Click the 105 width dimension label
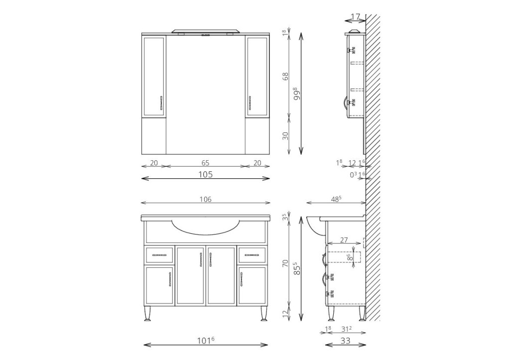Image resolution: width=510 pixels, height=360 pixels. click(x=205, y=174)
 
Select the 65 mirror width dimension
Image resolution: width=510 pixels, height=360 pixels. click(x=205, y=163)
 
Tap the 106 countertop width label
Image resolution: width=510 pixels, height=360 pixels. click(x=205, y=199)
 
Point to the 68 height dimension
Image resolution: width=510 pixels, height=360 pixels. click(x=285, y=76)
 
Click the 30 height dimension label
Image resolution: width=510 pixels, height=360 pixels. click(x=285, y=135)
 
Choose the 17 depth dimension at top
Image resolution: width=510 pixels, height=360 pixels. click(x=356, y=16)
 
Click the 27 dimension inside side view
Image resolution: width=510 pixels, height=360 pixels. click(x=344, y=240)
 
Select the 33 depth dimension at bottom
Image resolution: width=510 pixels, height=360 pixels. click(x=346, y=341)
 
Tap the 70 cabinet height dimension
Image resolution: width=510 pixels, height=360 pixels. click(x=285, y=263)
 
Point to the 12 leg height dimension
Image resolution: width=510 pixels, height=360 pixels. click(x=285, y=314)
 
